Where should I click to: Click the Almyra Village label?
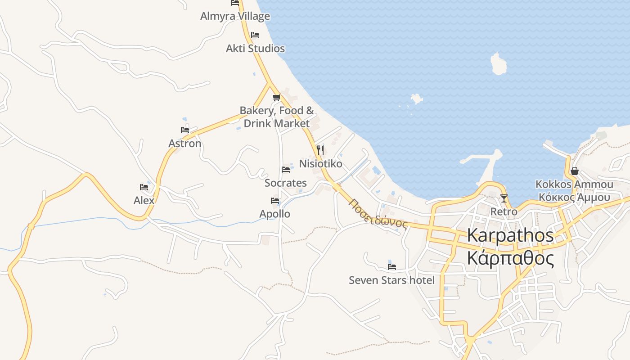[235, 16]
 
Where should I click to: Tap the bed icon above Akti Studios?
[255, 35]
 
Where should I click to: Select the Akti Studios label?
[255, 49]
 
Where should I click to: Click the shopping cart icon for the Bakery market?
[276, 97]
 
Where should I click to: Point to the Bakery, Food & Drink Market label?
[277, 117]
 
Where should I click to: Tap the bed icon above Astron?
[185, 130]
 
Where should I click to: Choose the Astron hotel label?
[185, 144]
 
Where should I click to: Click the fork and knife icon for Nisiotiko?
[320, 150]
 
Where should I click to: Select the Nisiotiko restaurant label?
[320, 164]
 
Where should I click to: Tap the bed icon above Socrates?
[286, 170]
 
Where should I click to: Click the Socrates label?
[286, 183]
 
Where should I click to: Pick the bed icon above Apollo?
[275, 201]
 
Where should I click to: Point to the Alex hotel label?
[144, 201]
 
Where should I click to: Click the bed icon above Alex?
[144, 187]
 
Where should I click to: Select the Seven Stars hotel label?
[391, 280]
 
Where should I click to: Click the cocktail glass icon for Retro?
[504, 198]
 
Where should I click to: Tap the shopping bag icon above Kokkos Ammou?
[574, 171]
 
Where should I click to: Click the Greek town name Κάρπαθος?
[510, 259]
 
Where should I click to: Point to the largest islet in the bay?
[498, 64]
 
